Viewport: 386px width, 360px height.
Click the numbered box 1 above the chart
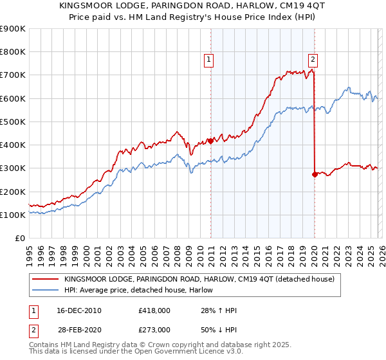209,60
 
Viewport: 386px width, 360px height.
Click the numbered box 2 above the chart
313,60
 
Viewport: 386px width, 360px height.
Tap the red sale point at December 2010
210,141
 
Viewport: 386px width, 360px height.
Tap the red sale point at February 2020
315,174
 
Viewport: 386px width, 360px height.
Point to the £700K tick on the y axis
14,75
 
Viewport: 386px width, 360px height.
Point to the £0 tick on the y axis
21,239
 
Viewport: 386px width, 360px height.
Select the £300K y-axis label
14,168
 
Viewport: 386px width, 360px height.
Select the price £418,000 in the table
154,310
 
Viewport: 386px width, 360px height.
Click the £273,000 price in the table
154,330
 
